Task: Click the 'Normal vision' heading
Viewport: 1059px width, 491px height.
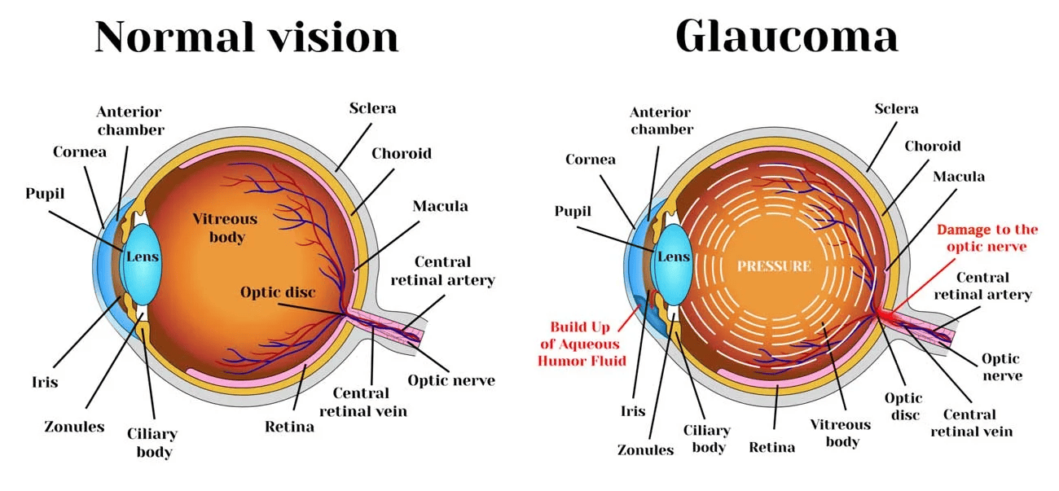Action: (246, 37)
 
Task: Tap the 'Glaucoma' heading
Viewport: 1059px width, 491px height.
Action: (786, 37)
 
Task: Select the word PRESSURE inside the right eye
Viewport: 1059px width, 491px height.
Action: (774, 266)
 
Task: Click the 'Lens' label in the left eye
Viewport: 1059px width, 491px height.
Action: (143, 256)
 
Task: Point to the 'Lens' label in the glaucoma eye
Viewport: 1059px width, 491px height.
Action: (673, 256)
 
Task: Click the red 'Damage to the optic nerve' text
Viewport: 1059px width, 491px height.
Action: (987, 238)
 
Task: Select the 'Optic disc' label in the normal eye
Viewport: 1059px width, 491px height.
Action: (278, 292)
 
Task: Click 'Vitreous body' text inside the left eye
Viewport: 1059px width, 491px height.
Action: (225, 228)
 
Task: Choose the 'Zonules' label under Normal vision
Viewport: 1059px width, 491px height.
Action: (74, 426)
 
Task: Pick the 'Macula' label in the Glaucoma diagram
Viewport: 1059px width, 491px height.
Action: (958, 176)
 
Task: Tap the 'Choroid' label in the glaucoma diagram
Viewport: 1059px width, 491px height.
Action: (933, 146)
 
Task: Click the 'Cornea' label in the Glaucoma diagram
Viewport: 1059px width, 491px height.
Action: (591, 159)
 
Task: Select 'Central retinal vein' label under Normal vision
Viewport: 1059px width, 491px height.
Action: (363, 402)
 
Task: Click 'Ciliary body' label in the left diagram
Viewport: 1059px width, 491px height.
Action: (152, 442)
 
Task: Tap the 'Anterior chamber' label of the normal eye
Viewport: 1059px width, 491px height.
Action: (130, 120)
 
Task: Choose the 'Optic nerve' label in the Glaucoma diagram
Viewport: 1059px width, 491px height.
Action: (1000, 366)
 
